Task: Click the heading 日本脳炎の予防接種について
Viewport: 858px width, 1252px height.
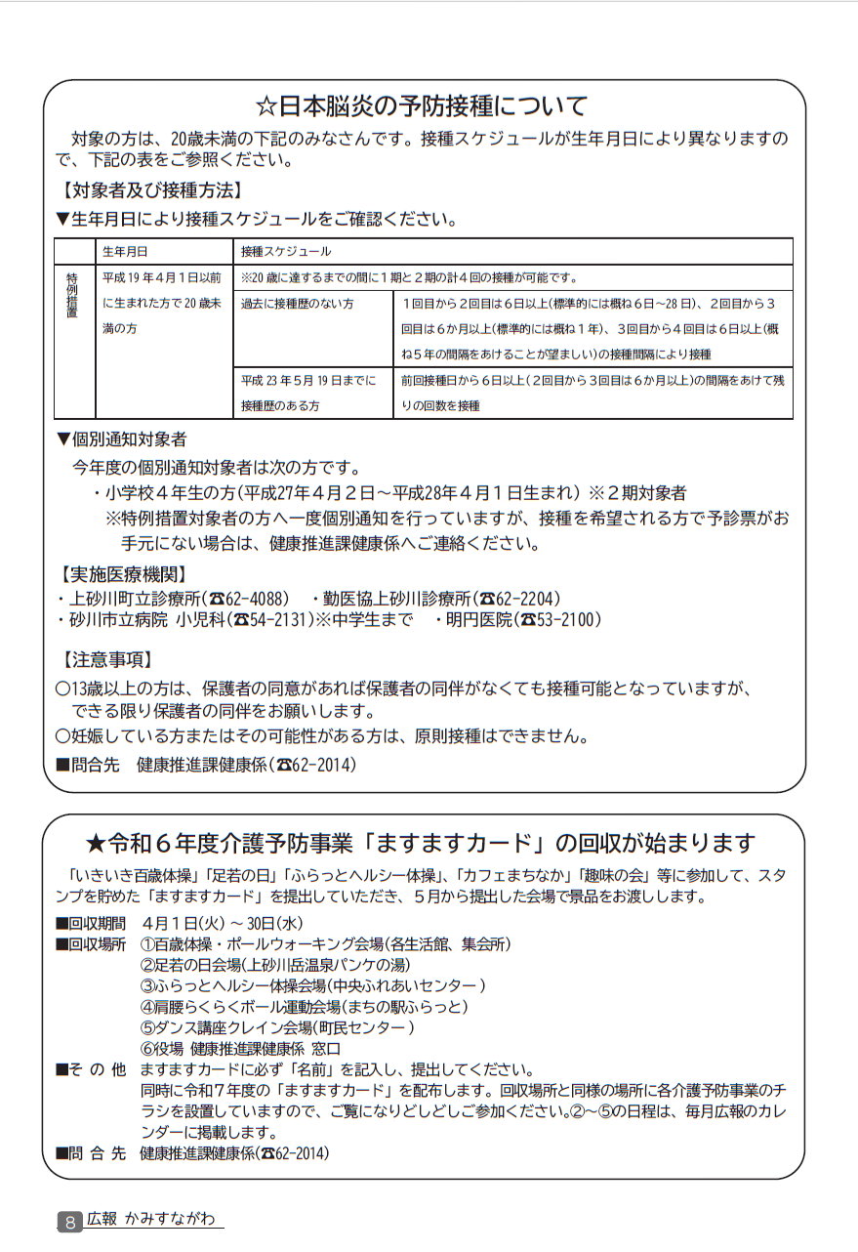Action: [x=434, y=105]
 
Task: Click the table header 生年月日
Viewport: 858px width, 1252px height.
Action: [x=119, y=252]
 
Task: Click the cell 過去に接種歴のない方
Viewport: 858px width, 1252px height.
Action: [x=298, y=304]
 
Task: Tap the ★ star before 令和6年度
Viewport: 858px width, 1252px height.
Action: [x=95, y=843]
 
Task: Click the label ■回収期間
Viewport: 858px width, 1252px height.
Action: [x=91, y=924]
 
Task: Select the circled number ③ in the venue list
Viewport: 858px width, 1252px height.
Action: [x=148, y=985]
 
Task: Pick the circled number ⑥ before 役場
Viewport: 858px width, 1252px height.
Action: [x=148, y=1048]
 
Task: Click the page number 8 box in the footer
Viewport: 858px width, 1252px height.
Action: [x=69, y=1222]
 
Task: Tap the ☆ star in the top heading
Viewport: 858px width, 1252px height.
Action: [x=266, y=105]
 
